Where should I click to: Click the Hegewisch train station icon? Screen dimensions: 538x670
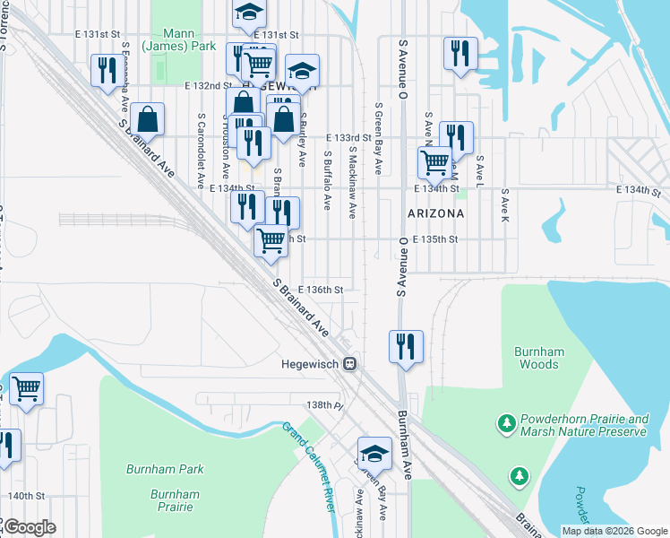[351, 364]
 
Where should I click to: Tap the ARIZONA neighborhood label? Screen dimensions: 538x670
[435, 213]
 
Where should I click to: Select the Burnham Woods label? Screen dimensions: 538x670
[537, 358]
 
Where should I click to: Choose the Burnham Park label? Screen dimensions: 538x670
[165, 469]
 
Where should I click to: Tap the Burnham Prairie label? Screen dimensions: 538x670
[175, 500]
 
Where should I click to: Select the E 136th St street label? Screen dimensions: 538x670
[322, 290]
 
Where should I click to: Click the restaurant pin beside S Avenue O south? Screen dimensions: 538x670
[406, 346]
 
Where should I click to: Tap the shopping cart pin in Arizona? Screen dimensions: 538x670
[434, 162]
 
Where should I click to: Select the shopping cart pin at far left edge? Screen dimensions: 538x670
[26, 389]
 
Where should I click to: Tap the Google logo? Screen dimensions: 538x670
[30, 526]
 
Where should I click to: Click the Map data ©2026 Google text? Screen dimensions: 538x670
[614, 531]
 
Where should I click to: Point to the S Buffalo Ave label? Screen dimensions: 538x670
[328, 179]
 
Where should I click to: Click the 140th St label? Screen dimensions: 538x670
[26, 496]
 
